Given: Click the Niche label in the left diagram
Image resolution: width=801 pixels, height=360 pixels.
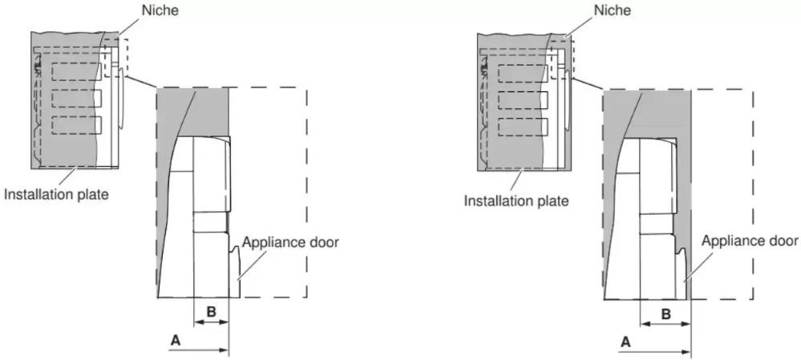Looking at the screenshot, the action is [x=160, y=10].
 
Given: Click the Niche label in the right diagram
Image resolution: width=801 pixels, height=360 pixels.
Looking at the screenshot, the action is [x=613, y=10].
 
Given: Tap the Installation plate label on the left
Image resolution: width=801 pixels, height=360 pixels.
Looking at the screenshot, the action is [x=57, y=195].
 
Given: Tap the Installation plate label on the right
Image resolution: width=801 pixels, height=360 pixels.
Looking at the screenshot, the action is [x=516, y=200].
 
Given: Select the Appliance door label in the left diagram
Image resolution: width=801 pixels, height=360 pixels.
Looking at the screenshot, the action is [x=290, y=242].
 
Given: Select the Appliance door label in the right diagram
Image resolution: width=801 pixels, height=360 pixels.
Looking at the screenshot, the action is [x=750, y=241].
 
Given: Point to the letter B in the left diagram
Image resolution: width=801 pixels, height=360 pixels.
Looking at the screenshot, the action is [x=210, y=311].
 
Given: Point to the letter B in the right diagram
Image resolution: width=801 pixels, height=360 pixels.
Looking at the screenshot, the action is [x=665, y=313].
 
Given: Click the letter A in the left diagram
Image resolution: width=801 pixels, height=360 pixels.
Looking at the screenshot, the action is [x=176, y=341].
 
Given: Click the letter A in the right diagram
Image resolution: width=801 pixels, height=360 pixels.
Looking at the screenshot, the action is [x=625, y=342].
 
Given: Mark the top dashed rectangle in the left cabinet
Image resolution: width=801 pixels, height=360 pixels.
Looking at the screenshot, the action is [x=76, y=63].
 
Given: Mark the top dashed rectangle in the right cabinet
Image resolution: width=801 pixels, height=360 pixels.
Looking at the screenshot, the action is [x=523, y=66].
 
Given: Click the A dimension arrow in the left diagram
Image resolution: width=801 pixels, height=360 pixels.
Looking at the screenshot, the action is [x=198, y=350].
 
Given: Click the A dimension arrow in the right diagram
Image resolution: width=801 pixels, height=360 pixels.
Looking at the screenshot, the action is [x=654, y=351].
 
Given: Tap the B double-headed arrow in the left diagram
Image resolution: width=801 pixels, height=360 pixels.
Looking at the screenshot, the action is [x=211, y=322].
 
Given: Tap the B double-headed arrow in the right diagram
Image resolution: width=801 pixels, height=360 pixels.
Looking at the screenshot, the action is [x=665, y=324].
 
